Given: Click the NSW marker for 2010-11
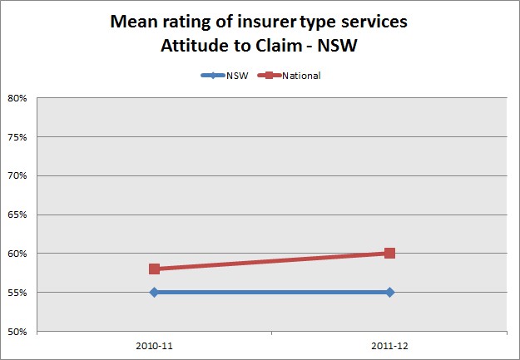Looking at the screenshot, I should [x=154, y=292].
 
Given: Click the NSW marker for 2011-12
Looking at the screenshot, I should [x=389, y=292].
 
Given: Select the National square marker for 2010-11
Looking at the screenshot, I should [x=154, y=269].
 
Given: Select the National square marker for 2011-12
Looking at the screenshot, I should [x=389, y=253].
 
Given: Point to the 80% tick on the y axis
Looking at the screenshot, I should [x=18, y=98].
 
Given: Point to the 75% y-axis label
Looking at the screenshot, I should [x=18, y=137].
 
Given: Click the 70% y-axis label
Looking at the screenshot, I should [x=18, y=175].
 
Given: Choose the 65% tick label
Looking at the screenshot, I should [x=18, y=215].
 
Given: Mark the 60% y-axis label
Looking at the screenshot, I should [x=18, y=254].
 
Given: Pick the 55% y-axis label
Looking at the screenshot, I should [x=18, y=293].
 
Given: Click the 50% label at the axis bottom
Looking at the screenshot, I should [x=18, y=331].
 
